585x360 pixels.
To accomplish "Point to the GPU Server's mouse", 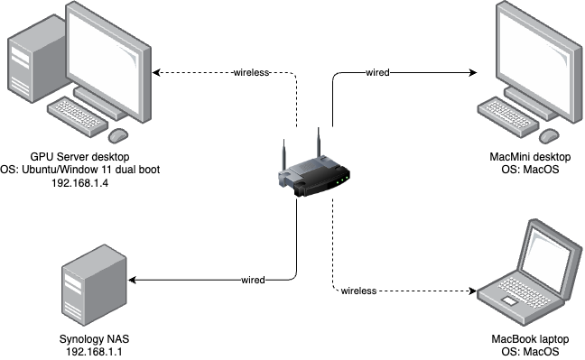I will pyautogui.click(x=118, y=136).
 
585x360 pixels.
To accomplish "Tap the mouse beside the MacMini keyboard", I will pyautogui.click(x=548, y=136).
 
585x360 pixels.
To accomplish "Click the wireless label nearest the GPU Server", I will pyautogui.click(x=251, y=72).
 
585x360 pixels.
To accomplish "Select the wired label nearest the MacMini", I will pyautogui.click(x=377, y=72).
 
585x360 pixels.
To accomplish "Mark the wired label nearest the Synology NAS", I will pyautogui.click(x=253, y=281).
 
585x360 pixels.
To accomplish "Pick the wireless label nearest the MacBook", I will pyautogui.click(x=358, y=291).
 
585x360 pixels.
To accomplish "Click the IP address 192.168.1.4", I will pyautogui.click(x=81, y=182).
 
